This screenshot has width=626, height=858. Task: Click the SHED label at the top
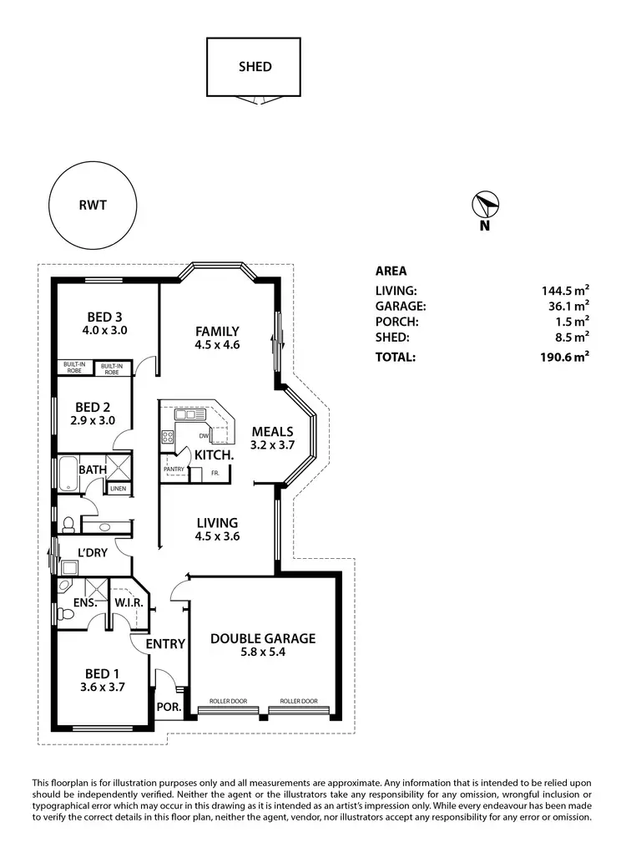coord(255,67)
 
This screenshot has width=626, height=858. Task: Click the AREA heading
coord(391,271)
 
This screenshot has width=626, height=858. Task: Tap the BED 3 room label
coord(105,317)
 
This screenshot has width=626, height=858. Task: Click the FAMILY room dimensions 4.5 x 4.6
coord(217,344)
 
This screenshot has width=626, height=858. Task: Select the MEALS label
coord(272,431)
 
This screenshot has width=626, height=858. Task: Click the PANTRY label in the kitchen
coord(174,470)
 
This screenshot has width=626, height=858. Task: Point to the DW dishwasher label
coord(204,436)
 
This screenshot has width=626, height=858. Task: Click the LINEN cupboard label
coord(118,489)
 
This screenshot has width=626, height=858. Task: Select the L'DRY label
coord(93,552)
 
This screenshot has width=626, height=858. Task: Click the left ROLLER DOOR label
coord(228,702)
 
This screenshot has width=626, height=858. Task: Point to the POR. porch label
coord(168,707)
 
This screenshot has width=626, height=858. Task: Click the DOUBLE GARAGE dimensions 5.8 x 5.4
coord(262,653)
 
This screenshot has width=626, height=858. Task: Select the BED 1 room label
coord(104,673)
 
